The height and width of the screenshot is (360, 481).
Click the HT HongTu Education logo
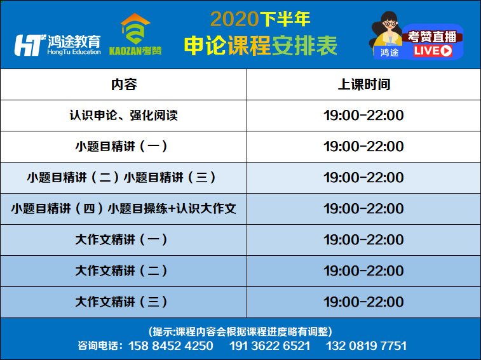(x=57, y=45)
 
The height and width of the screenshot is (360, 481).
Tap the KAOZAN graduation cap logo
(x=135, y=34)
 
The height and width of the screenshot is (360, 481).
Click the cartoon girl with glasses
(x=386, y=34)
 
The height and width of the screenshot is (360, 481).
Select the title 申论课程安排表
(x=261, y=46)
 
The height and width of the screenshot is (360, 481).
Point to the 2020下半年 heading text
(x=260, y=19)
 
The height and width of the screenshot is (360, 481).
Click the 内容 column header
(x=124, y=84)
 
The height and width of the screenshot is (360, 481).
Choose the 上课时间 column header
(x=364, y=84)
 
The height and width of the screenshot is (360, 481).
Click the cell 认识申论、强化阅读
(x=124, y=116)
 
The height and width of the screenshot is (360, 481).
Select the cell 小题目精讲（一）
(x=124, y=147)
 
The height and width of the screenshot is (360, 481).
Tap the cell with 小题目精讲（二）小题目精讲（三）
(x=124, y=178)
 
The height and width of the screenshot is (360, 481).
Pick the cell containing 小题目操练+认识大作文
(x=124, y=209)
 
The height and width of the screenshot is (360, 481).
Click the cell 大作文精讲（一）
(x=124, y=240)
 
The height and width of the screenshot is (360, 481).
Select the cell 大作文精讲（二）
(x=124, y=271)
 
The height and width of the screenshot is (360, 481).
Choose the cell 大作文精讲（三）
(x=124, y=302)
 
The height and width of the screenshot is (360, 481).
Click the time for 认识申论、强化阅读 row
(x=364, y=116)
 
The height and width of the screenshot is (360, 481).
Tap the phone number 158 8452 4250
(x=170, y=346)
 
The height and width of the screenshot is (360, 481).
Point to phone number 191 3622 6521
(x=270, y=346)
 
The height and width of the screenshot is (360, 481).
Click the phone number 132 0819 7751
(x=366, y=346)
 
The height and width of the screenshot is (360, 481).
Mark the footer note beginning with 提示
(x=240, y=331)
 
